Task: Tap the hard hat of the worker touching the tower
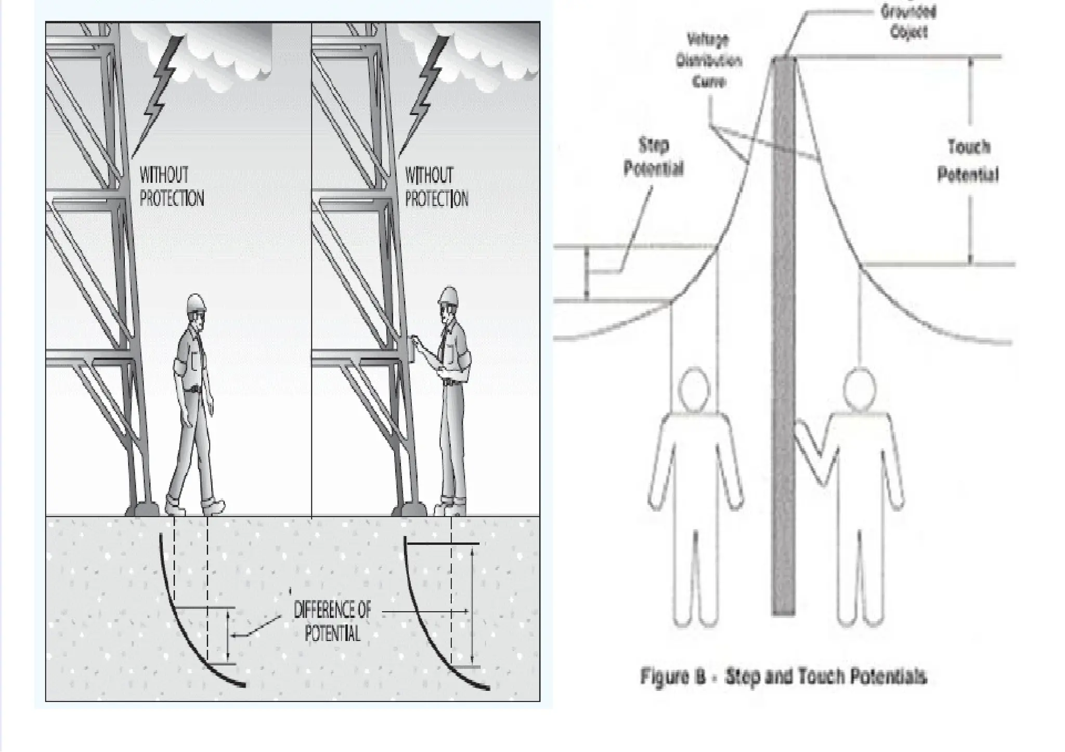coord(448,296)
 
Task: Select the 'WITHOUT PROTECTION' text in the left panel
coord(171,187)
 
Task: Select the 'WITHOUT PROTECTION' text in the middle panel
coord(436,187)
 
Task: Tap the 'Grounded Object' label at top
coord(908,21)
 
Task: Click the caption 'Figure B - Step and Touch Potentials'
coord(783,677)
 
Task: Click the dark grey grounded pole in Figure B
coord(784,364)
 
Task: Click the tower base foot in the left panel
coord(141,508)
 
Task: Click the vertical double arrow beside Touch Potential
coord(970,161)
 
